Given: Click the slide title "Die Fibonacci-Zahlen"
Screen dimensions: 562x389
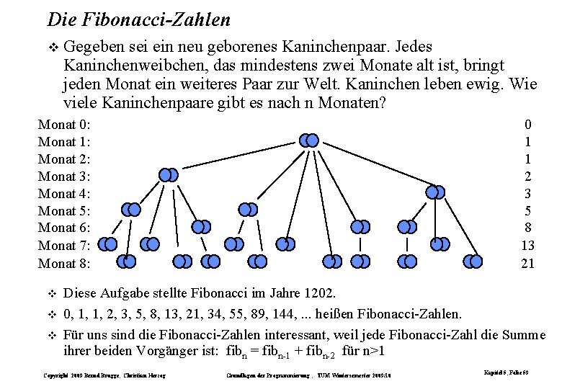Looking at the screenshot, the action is click(x=138, y=19).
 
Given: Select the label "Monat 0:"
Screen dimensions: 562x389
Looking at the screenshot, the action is click(x=64, y=125).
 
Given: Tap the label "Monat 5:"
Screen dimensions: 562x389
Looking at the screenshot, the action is click(x=64, y=211).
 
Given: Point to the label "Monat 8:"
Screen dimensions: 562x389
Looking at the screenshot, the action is click(x=64, y=264).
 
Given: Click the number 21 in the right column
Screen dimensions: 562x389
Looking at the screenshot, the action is click(x=527, y=264).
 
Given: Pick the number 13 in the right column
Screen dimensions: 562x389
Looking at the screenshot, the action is click(x=527, y=246).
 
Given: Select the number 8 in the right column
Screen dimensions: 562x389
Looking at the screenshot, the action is click(x=527, y=228).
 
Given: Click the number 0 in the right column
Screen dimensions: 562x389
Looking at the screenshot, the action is click(x=527, y=125).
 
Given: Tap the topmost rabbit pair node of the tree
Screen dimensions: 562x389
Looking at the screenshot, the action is click(x=308, y=140).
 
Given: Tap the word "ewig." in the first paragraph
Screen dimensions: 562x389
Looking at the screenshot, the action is click(x=488, y=84).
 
